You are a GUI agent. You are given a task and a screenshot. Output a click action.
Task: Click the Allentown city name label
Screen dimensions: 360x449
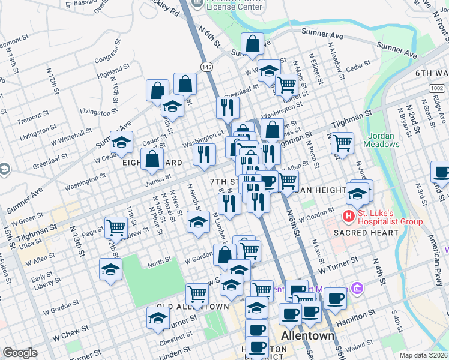(307, 335)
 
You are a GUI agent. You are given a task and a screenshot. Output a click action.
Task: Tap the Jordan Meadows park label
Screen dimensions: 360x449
(383, 140)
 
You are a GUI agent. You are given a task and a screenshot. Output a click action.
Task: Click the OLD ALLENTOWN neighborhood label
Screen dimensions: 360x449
(193, 306)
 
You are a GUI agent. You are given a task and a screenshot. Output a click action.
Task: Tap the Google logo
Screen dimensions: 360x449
(20, 353)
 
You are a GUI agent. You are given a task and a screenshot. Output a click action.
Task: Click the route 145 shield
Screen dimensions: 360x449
(207, 67)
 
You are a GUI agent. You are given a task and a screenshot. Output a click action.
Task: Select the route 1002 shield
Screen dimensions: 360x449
(437, 88)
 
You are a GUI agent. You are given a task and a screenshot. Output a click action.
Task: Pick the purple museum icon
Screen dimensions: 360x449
(358, 289)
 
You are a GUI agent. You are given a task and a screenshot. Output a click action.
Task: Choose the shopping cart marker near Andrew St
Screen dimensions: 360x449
(115, 227)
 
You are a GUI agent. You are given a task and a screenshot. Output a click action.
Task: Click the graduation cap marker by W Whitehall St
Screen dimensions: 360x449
(121, 142)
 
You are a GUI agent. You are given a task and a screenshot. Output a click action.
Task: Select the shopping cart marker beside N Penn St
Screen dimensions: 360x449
(342, 143)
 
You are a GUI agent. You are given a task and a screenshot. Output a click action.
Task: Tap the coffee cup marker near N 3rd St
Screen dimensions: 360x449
(442, 172)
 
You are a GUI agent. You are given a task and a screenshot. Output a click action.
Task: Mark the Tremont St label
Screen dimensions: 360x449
(29, 120)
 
